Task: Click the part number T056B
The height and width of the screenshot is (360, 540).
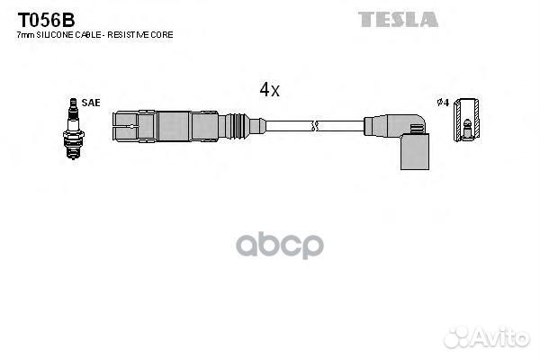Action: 46,20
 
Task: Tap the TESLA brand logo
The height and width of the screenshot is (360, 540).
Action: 398,19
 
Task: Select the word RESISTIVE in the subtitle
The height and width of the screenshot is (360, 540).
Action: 128,35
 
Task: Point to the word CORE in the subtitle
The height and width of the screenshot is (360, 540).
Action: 161,35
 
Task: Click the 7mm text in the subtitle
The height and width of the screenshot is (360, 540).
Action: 25,35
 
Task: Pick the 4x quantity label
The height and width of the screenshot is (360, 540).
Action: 270,90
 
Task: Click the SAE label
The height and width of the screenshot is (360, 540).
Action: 91,103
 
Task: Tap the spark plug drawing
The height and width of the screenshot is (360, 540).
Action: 74,129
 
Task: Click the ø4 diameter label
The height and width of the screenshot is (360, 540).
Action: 443,103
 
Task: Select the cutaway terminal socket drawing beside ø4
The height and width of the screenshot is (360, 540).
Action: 466,120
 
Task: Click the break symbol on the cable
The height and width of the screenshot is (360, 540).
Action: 314,126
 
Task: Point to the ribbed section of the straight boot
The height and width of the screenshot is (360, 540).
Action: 238,126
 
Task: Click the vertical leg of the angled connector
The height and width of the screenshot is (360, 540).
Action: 415,151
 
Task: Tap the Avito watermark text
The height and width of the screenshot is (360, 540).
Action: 501,337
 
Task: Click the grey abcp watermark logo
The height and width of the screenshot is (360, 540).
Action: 280,245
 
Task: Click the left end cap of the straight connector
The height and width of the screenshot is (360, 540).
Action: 125,126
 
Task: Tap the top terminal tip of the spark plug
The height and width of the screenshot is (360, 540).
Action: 73,101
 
